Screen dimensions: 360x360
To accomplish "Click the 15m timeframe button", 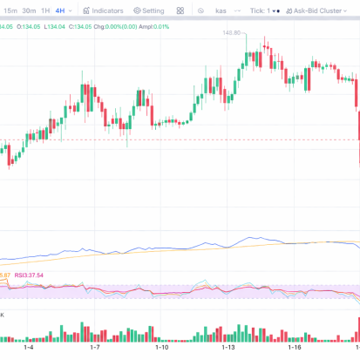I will (x=8, y=10).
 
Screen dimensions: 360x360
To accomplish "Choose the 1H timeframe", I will (x=45, y=10).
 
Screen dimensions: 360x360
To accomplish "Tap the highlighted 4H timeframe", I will (x=60, y=10).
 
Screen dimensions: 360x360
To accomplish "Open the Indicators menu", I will (x=104, y=10).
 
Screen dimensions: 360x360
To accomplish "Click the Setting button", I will (x=149, y=10).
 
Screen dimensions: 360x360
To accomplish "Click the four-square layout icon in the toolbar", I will (x=180, y=10).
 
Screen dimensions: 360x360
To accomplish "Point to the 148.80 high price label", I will (x=231, y=33).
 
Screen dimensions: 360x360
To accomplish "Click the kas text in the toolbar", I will (x=221, y=10).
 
